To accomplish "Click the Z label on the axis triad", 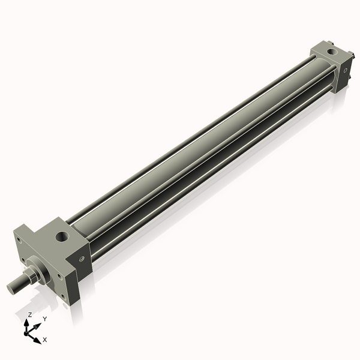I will [29, 314].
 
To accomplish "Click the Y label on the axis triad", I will [44, 319].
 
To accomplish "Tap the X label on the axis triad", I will [45, 340].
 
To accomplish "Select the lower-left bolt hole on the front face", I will [23, 260].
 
